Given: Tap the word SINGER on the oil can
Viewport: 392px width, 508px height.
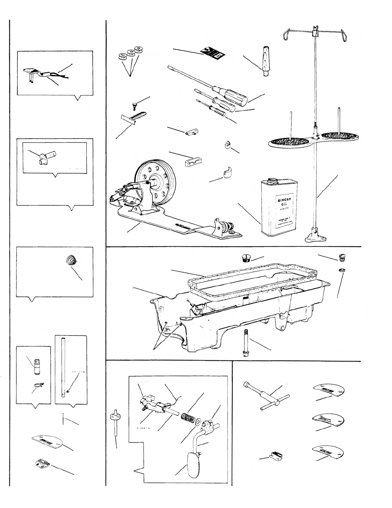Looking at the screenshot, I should point(282,199).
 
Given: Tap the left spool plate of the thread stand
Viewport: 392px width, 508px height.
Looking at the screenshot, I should point(288,141).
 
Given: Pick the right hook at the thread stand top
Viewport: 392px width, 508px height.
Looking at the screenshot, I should point(344,35).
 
